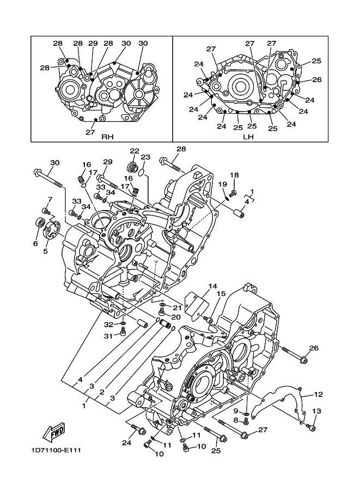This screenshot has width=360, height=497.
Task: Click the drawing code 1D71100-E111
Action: (x=56, y=450)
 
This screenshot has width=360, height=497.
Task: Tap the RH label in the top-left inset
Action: (x=107, y=137)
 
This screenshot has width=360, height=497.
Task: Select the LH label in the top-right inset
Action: (x=248, y=137)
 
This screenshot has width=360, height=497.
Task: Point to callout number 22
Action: (x=135, y=151)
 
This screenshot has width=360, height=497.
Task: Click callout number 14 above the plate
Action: (x=212, y=286)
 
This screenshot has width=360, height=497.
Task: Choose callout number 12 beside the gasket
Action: (x=319, y=394)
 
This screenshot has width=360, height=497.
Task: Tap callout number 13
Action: (x=316, y=411)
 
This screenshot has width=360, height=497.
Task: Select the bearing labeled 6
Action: (x=40, y=223)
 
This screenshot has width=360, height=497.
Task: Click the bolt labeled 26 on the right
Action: (x=294, y=354)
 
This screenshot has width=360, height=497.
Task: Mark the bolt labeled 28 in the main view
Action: (x=170, y=163)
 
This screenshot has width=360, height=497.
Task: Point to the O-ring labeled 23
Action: (x=142, y=172)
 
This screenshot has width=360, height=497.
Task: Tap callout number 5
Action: (x=45, y=251)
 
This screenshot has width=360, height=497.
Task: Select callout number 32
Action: (x=108, y=324)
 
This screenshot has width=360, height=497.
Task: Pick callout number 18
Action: (x=234, y=175)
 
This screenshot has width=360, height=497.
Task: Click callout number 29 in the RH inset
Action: (x=93, y=43)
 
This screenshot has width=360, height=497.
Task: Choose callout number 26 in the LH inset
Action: (x=317, y=79)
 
